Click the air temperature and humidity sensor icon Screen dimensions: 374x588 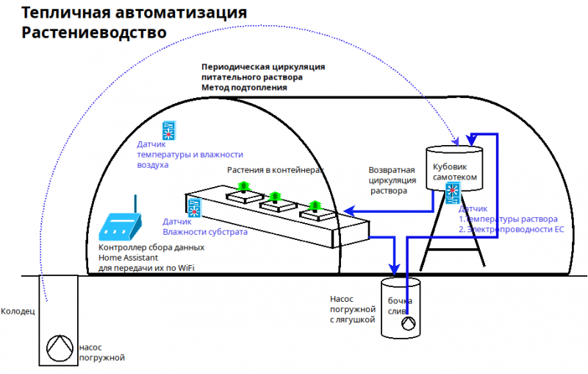click(168, 131)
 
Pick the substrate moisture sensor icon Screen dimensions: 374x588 click(195, 208)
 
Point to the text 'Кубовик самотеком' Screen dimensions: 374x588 click(456, 172)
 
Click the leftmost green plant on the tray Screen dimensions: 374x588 click(245, 188)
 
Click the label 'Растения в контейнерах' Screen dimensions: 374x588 click(275, 169)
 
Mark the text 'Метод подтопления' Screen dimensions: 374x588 click(244, 88)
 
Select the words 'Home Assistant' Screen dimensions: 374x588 click(129, 258)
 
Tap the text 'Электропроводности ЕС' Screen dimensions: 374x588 click(514, 230)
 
